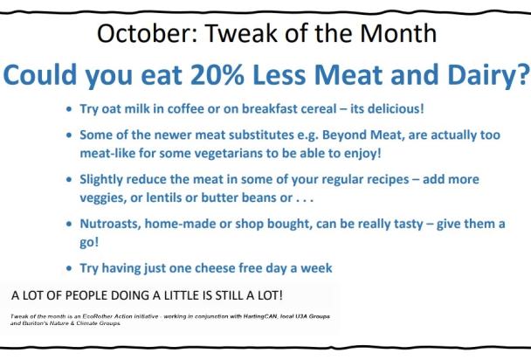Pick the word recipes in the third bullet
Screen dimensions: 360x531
pyautogui.click(x=411, y=178)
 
